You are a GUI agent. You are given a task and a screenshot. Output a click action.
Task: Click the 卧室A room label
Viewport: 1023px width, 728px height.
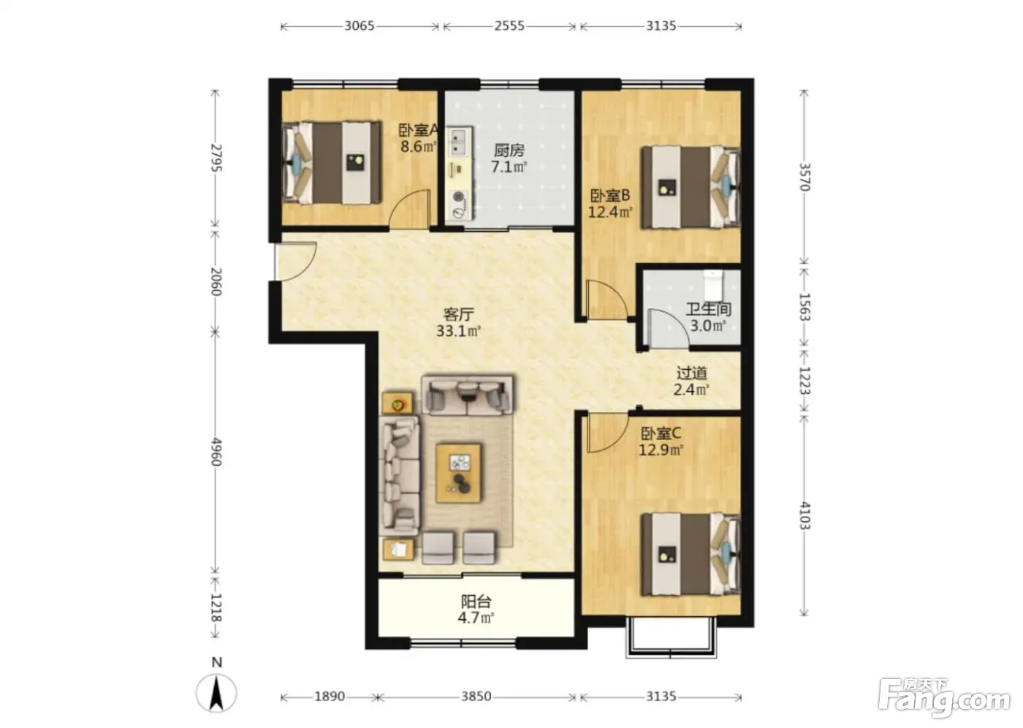click(418, 130)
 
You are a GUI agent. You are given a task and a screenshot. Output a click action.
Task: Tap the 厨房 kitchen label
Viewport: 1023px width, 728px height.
click(509, 151)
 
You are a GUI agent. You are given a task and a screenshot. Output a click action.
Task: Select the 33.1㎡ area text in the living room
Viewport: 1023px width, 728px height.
click(459, 330)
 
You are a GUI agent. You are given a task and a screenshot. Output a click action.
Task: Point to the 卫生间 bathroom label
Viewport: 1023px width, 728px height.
click(708, 309)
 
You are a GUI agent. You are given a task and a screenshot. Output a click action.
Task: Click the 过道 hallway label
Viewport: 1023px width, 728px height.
click(691, 373)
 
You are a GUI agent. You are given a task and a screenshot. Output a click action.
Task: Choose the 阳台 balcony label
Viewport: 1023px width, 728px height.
click(476, 601)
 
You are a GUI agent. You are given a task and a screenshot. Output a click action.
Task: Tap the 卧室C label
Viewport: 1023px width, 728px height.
click(661, 433)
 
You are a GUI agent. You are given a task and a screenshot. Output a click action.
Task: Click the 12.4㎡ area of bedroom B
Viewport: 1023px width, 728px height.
click(609, 212)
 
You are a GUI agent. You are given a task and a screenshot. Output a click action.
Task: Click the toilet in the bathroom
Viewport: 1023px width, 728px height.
click(712, 284)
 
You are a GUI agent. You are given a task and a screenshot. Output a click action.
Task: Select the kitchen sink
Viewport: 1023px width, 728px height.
click(457, 142)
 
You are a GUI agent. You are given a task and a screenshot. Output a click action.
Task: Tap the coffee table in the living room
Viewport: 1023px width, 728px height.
click(458, 473)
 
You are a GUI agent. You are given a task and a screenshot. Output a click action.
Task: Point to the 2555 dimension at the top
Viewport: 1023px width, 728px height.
click(509, 26)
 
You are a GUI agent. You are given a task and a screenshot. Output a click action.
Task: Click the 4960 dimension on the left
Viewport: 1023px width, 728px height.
click(216, 452)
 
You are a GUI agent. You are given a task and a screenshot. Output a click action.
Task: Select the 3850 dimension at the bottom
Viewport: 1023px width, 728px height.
click(476, 696)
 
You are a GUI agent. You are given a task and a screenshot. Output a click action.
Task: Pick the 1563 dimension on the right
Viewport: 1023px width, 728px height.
click(804, 307)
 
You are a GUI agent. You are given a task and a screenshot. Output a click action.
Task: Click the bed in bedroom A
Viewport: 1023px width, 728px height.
click(331, 162)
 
